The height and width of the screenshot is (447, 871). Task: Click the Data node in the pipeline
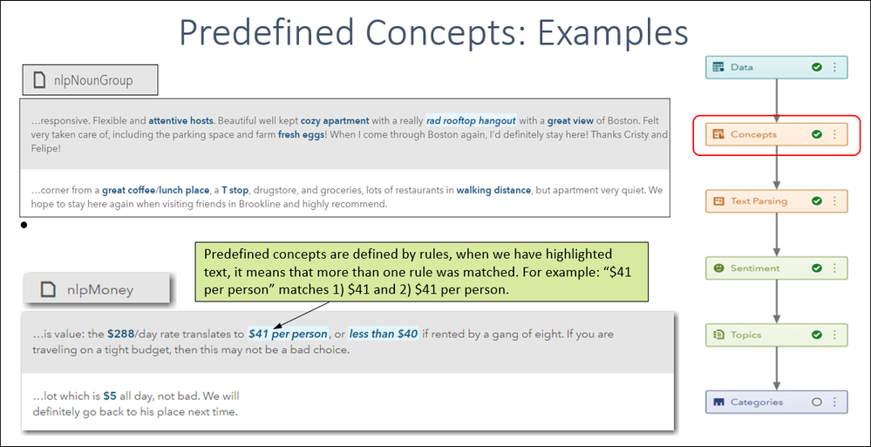(x=777, y=67)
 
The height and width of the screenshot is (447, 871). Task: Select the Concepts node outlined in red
(x=777, y=134)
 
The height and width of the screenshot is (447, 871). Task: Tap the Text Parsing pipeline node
(x=777, y=201)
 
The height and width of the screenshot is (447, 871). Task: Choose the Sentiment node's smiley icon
(x=718, y=268)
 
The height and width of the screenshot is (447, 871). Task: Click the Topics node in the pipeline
(x=777, y=335)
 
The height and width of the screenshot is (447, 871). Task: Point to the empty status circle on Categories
(x=817, y=402)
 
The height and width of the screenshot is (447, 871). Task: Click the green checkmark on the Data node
(x=817, y=67)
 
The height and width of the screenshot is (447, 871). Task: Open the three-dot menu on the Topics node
(x=834, y=335)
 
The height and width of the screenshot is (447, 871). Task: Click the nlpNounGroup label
(x=92, y=80)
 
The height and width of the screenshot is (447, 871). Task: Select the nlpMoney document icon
(x=48, y=289)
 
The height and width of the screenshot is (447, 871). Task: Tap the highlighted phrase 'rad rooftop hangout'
(x=471, y=120)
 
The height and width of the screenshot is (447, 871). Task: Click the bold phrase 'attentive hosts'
(x=181, y=120)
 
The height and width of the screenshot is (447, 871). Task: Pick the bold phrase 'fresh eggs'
(x=301, y=134)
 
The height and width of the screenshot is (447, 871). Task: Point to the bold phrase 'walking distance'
(x=493, y=190)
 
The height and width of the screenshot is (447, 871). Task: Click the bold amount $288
(x=119, y=335)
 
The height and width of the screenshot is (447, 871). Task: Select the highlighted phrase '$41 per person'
(x=288, y=335)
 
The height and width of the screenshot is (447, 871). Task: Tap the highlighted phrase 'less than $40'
(x=384, y=335)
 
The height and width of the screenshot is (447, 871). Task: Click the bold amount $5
(x=110, y=397)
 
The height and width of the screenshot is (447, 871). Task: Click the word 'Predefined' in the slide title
(x=266, y=33)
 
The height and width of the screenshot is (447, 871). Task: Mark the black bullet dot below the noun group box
(x=24, y=225)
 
